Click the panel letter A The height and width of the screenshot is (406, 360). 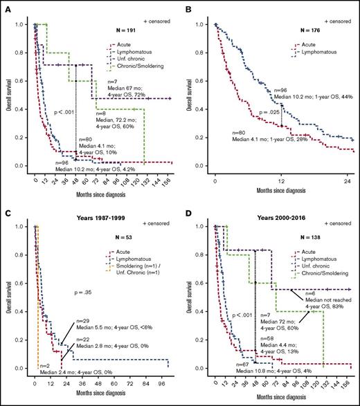pyautogui.click(x=5, y=5)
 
